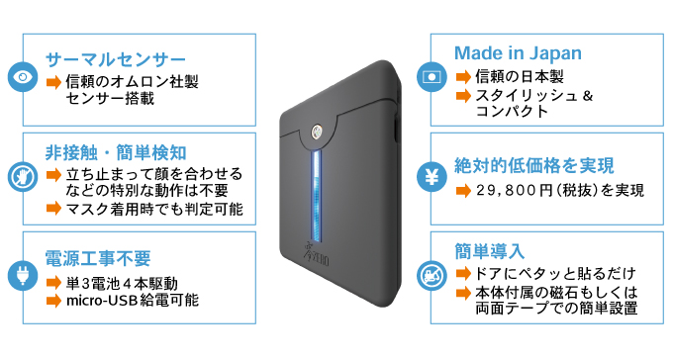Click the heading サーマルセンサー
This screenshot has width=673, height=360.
116,57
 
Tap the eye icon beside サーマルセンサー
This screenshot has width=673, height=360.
22,76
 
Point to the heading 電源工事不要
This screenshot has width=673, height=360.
99,258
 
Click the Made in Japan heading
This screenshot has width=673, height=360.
518,53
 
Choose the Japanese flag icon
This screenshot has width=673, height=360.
432,75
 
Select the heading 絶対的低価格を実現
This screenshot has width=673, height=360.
534,164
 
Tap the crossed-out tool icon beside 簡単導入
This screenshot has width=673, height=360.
432,276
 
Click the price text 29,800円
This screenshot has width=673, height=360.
520,189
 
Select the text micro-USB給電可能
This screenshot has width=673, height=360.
133,299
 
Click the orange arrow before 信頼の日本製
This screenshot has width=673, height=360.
462,77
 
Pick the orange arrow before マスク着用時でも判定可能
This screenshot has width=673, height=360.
54,210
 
